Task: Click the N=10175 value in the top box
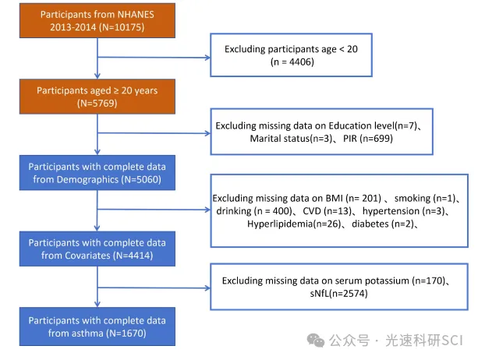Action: [x=122, y=27]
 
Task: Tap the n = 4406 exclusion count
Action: [x=292, y=62]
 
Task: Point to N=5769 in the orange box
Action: [x=97, y=104]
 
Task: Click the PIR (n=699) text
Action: [x=368, y=139]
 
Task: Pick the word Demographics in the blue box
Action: [x=87, y=179]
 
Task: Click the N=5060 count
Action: [x=141, y=179]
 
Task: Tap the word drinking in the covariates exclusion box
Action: [x=234, y=211]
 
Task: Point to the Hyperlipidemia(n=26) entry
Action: [x=294, y=224]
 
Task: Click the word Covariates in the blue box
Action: [x=76, y=256]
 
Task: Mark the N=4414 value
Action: [x=133, y=256]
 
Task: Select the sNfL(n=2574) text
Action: [x=338, y=293]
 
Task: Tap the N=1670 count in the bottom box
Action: [x=126, y=333]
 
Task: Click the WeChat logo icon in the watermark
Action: [x=316, y=340]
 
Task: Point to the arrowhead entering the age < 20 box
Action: [x=207, y=57]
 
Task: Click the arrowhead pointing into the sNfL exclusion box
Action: [x=207, y=288]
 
